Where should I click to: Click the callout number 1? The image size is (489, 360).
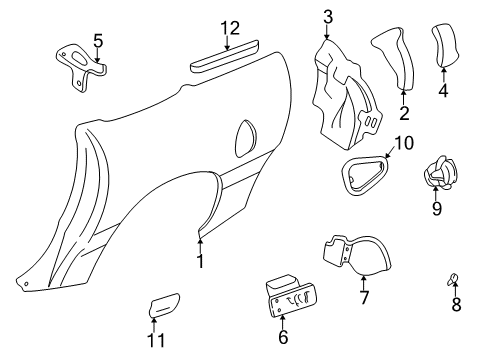point(200,261)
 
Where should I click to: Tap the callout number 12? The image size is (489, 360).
point(230,28)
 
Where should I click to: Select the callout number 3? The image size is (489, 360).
point(328,17)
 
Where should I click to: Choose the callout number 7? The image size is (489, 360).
point(364,297)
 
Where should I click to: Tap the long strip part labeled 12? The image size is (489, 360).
point(224,56)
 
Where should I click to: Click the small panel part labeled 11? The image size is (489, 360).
point(164,304)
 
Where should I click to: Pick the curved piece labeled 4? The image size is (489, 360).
point(444,45)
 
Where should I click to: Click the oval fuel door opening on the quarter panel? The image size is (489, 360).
point(246,139)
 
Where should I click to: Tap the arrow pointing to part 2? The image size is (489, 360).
point(403,97)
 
